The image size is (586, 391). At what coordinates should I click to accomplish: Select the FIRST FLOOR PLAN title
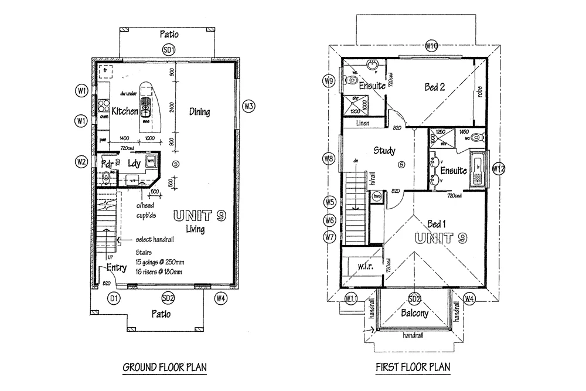[x=413, y=368]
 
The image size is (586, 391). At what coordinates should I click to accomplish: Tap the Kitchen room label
[x=125, y=111]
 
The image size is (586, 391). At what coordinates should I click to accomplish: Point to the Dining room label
[x=199, y=111]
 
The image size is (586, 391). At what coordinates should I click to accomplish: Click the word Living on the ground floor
[x=195, y=229]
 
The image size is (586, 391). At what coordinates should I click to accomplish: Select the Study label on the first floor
[x=384, y=151]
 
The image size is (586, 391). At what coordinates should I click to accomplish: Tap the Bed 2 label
[x=435, y=87]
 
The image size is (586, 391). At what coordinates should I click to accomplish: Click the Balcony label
[x=415, y=313]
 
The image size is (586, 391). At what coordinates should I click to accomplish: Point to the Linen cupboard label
[x=364, y=123]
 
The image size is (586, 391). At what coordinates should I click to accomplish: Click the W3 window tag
[x=248, y=106]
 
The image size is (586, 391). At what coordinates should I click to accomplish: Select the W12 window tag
[x=498, y=169]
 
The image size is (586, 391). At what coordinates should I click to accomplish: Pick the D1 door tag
[x=114, y=298]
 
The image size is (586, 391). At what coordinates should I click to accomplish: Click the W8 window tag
[x=329, y=158]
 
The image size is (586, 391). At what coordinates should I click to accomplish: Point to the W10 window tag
[x=432, y=46]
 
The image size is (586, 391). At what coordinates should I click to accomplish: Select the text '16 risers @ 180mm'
[x=159, y=272]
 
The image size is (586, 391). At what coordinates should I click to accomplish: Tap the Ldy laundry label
[x=135, y=164]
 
